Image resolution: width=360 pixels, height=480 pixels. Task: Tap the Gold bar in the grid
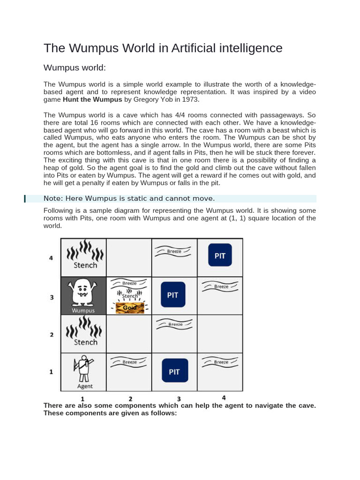click(x=130, y=307)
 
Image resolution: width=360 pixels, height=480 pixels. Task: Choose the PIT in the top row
click(x=220, y=256)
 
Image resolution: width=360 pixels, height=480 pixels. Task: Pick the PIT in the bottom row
click(x=174, y=372)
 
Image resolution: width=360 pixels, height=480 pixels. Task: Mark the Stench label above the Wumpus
click(x=85, y=265)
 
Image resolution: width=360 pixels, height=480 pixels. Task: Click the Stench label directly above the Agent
click(x=85, y=342)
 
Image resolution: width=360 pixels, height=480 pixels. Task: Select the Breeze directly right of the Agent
click(x=129, y=362)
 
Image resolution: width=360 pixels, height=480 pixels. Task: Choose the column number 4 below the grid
click(x=223, y=398)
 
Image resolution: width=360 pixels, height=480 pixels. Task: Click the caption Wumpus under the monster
click(x=83, y=310)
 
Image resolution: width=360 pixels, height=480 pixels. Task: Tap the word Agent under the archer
click(x=84, y=386)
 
